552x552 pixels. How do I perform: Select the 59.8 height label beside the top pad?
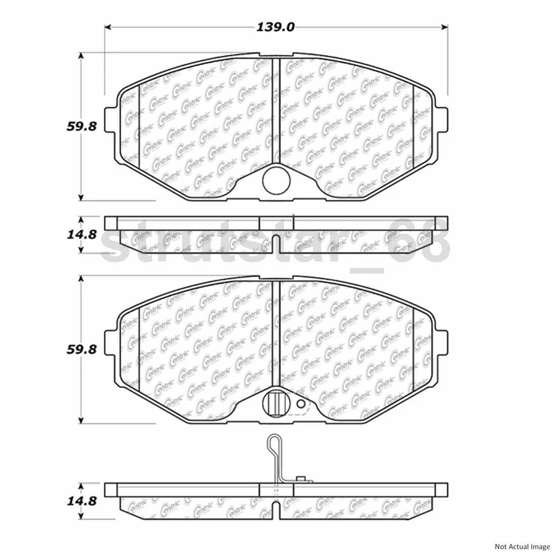(80, 126)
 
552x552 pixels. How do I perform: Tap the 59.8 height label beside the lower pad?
(80, 348)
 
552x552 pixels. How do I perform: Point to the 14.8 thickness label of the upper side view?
(80, 234)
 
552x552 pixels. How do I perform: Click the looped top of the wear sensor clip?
(273, 444)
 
